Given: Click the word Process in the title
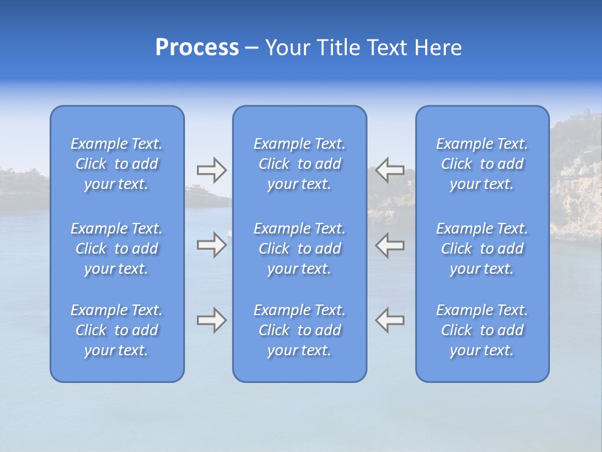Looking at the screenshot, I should pos(197,48).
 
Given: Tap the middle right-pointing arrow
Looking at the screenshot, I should pos(211,245).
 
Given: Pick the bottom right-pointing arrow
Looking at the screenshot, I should pos(211,320).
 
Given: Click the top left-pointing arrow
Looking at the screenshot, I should pos(390,169).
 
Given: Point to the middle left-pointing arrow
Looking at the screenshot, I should pos(390,245).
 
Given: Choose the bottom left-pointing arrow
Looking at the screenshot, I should pos(390,320).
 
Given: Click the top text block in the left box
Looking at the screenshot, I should pos(117,164).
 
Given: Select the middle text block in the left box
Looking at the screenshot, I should pos(117,249).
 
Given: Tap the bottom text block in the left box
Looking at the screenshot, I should pos(117,330).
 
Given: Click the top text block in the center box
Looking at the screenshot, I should pos(299,164).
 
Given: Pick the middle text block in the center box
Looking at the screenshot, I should pos(299,249).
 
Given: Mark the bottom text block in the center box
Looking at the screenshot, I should pos(299,330).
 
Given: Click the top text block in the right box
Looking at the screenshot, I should pos(482,164).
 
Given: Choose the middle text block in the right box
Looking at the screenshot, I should pos(482,249).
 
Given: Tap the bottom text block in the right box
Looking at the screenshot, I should pos(482,330).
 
